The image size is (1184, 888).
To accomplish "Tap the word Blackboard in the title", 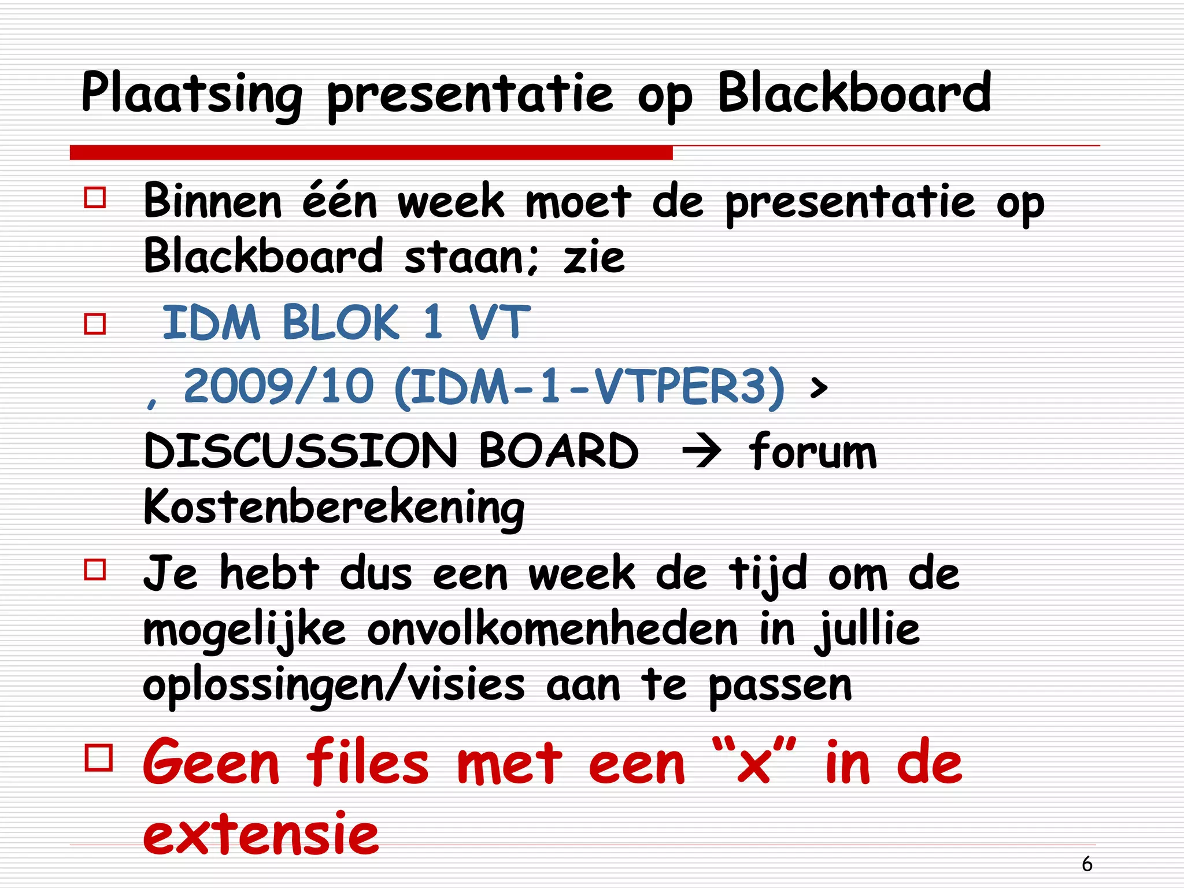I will (x=854, y=92).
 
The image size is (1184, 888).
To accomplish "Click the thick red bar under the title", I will (x=371, y=153).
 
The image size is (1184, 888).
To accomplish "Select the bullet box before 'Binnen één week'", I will (x=95, y=197).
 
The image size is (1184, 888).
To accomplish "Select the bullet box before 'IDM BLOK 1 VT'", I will (x=95, y=324).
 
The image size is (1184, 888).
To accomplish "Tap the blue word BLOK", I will (x=341, y=322).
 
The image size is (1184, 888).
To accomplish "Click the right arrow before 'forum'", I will (x=702, y=452).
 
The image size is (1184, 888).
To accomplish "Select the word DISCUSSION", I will (x=301, y=452).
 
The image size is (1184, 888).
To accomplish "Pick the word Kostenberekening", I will (x=334, y=507).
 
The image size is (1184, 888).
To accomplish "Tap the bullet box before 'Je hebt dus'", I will (x=95, y=569).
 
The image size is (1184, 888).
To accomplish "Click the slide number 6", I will (x=1087, y=864).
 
